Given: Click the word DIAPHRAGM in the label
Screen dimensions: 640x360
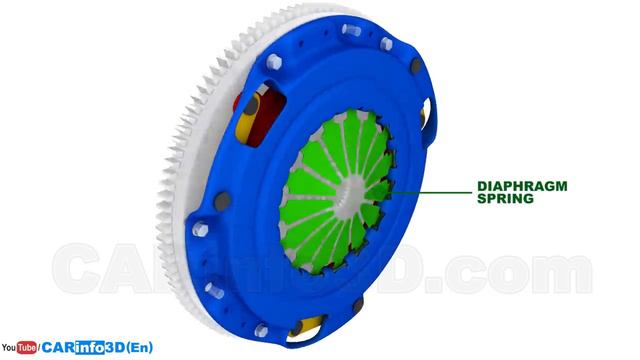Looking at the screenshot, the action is click(522, 186).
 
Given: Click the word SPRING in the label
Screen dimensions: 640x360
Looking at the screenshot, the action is click(505, 199).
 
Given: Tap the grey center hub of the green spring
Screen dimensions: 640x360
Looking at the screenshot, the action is click(351, 191).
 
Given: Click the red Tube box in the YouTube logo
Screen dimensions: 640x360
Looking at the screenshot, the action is click(27, 347).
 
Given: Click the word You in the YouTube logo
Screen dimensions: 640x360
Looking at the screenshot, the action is click(9, 348).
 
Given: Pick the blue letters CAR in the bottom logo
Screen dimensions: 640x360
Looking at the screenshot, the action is click(58, 347).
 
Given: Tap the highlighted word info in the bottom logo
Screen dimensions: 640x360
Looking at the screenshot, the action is click(90, 347).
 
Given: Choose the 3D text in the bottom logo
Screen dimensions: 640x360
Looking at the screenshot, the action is click(115, 347).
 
